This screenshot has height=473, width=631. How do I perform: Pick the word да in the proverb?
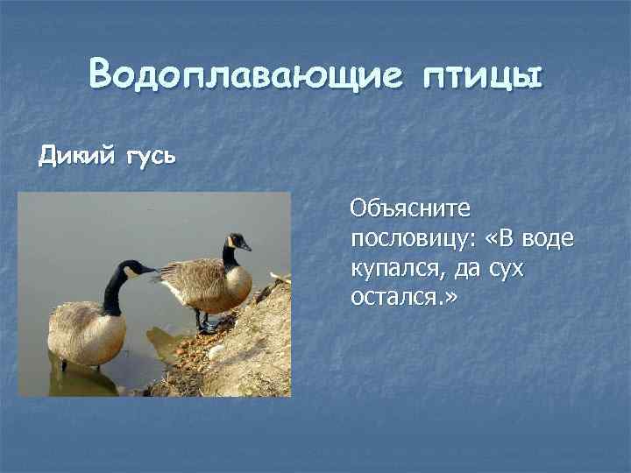tap(459, 270)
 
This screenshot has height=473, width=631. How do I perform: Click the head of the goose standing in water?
tap(132, 268)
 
